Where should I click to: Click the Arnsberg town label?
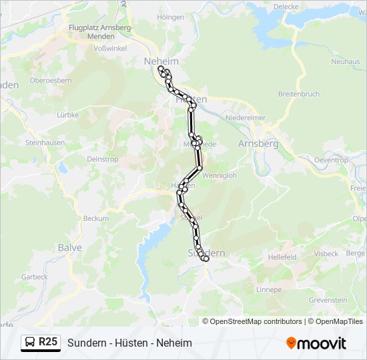tap(258, 143)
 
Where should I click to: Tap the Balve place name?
tap(70, 247)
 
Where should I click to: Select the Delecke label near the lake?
tap(286, 7)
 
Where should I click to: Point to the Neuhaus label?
tap(345, 61)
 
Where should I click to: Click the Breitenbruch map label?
tap(299, 94)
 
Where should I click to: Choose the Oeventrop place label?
tap(331, 160)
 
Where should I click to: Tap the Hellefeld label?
tap(282, 256)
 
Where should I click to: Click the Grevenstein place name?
tap(328, 300)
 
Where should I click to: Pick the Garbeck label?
tap(35, 277)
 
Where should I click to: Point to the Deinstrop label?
tap(103, 159)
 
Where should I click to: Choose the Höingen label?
tap(171, 17)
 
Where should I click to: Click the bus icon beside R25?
tap(31, 343)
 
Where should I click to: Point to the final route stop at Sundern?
tap(206, 259)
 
